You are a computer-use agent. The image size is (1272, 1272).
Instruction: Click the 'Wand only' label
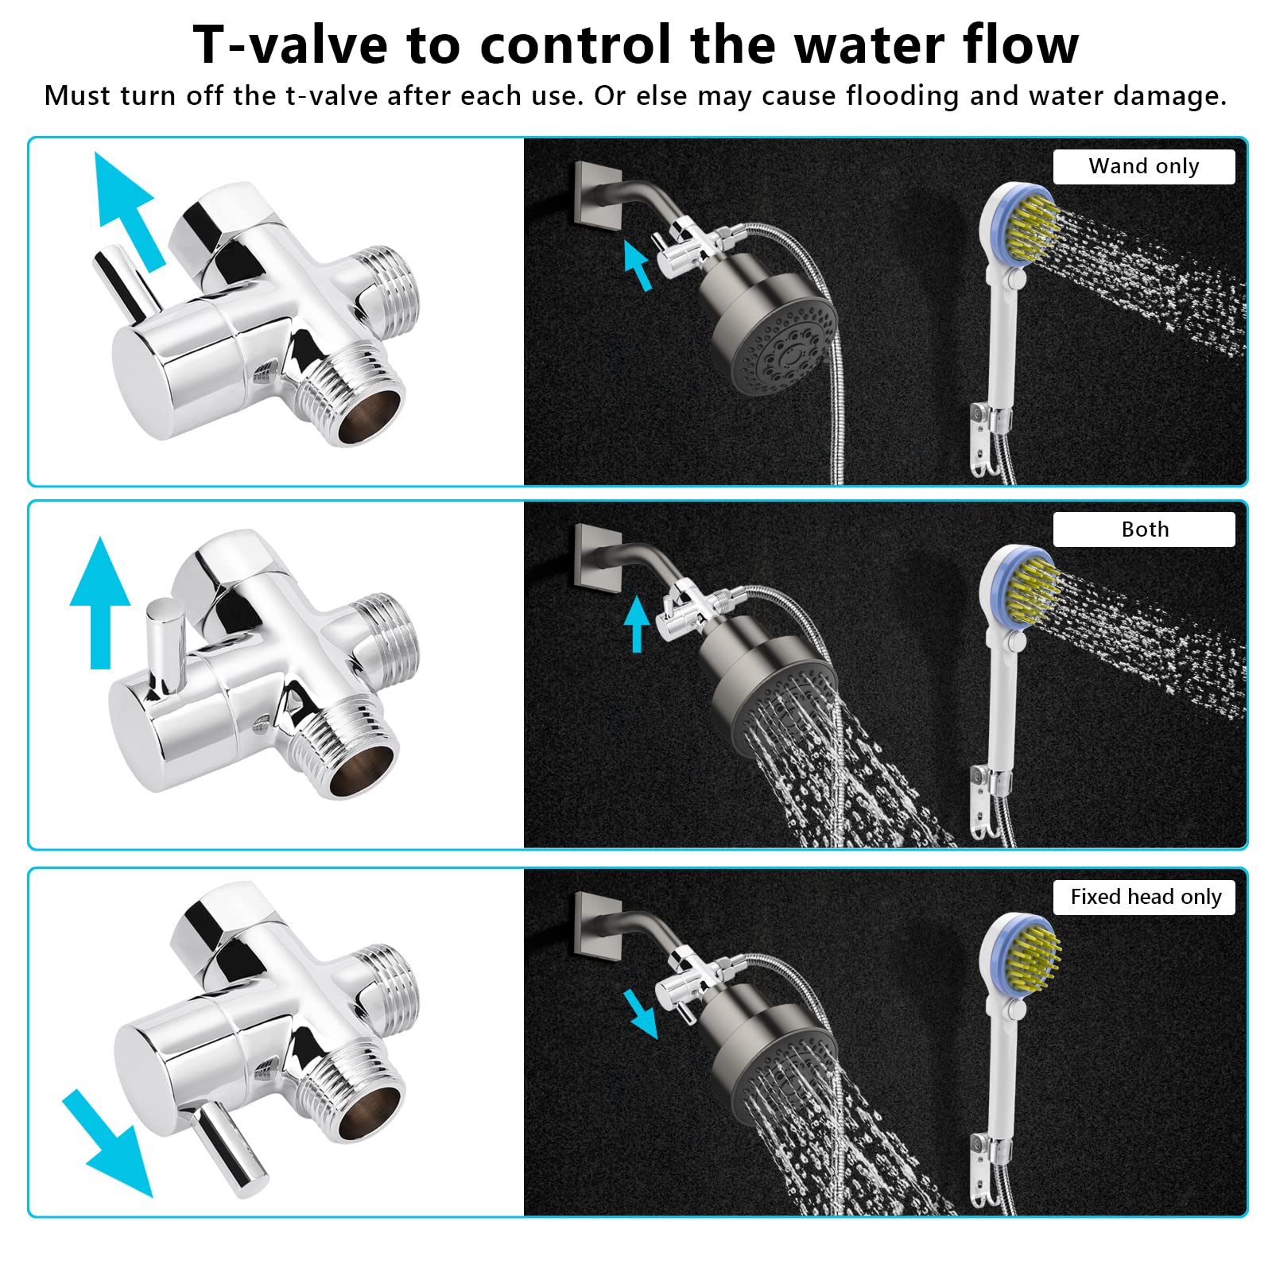point(1143,166)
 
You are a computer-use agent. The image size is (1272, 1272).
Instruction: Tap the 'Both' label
point(1145,529)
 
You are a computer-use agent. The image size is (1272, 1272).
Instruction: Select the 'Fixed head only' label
point(1145,897)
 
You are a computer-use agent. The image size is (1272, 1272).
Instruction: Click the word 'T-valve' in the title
point(290,44)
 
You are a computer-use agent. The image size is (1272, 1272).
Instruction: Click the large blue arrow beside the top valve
point(128,208)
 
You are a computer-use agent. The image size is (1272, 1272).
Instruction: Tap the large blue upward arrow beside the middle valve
point(100,602)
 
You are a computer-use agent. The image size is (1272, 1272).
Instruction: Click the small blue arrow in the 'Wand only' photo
point(637,265)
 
